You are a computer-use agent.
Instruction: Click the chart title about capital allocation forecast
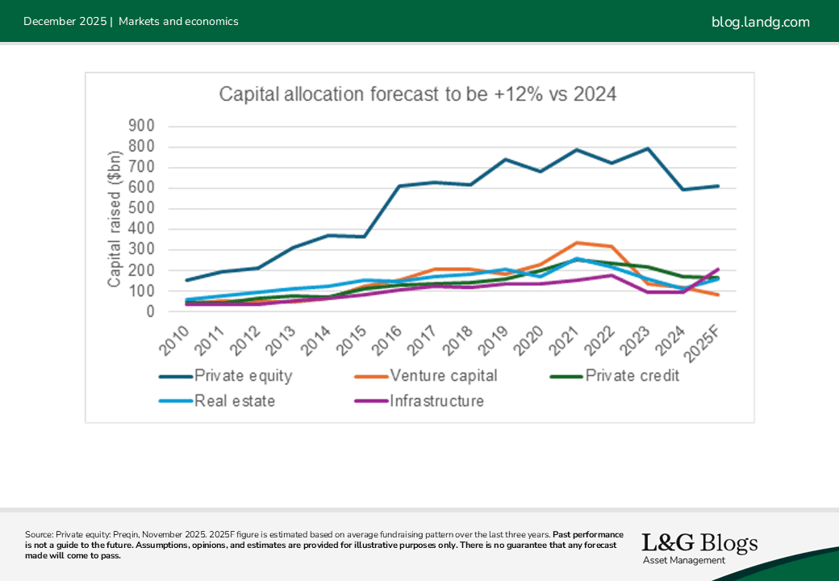point(418,94)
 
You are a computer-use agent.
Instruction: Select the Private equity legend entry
point(243,375)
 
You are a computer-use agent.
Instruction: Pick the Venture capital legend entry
point(443,375)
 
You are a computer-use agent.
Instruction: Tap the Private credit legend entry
point(632,375)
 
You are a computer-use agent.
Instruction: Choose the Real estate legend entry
point(234,401)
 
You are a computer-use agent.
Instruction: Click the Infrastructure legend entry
point(436,401)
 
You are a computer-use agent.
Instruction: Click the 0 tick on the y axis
point(151,311)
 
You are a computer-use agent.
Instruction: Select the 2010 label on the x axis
point(176,339)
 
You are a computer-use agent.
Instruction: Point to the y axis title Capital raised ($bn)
point(115,219)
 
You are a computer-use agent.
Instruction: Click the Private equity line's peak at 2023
point(647,148)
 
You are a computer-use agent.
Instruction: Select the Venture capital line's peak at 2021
point(576,243)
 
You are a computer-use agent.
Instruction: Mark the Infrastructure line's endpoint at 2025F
point(717,270)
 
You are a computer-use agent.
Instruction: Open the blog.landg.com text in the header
point(760,22)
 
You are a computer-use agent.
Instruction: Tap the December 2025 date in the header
point(65,22)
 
